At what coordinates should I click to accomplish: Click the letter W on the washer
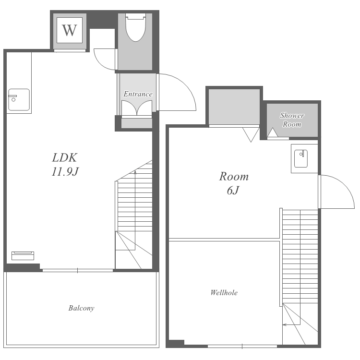[69, 30]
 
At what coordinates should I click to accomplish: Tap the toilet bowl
[136, 27]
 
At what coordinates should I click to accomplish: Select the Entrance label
[138, 94]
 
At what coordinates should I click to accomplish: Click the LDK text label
[64, 158]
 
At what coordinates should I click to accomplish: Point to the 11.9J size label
[65, 171]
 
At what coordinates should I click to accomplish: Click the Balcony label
[81, 308]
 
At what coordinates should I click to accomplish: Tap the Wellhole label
[224, 292]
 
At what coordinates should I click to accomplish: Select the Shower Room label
[292, 120]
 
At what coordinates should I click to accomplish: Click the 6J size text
[233, 190]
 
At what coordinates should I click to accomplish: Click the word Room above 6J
[234, 177]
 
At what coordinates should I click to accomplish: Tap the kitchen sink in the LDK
[19, 100]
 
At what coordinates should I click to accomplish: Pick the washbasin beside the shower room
[301, 158]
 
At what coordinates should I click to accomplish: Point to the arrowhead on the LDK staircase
[135, 171]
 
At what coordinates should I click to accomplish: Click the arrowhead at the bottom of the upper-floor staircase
[285, 324]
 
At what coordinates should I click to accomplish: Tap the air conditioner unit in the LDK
[23, 256]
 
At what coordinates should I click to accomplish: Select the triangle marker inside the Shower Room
[273, 132]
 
